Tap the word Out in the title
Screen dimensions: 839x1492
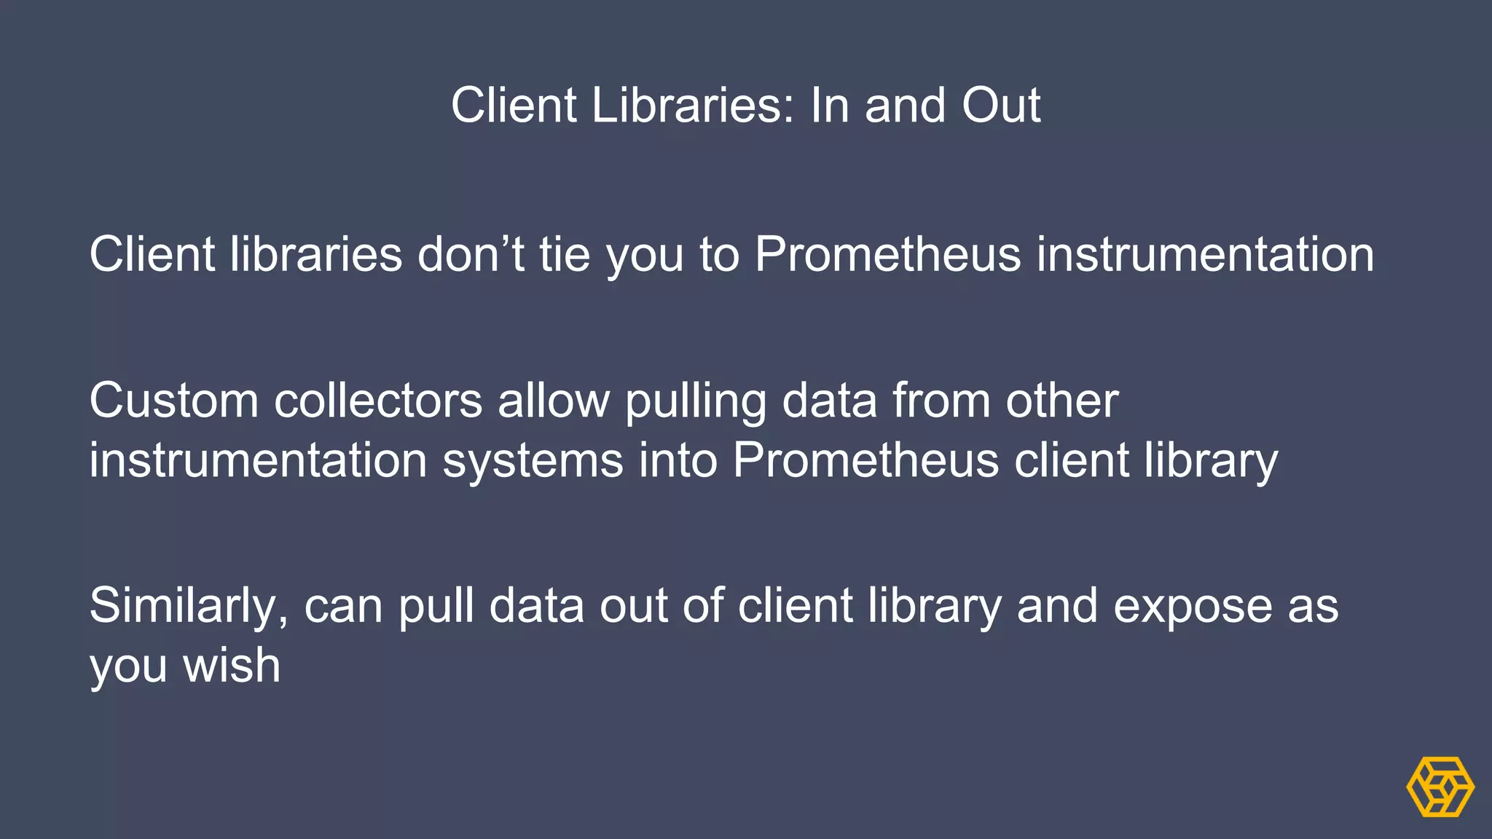(x=1001, y=105)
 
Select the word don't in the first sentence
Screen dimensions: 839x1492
(x=470, y=254)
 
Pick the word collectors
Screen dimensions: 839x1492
(x=378, y=401)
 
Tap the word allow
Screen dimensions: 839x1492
(x=554, y=401)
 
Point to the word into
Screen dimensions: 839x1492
(x=678, y=460)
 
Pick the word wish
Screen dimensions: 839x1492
(x=232, y=665)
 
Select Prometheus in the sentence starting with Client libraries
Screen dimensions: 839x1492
(x=888, y=254)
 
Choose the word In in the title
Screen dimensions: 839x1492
(x=831, y=105)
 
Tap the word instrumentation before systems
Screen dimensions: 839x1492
(x=258, y=460)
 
